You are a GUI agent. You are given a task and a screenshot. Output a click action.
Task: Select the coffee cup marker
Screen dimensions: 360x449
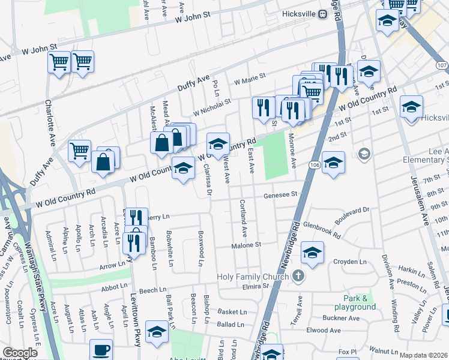click(101, 350)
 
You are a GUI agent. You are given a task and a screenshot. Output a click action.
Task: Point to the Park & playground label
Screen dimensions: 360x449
click(360, 302)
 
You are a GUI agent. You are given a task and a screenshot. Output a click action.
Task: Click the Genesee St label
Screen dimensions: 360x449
click(282, 194)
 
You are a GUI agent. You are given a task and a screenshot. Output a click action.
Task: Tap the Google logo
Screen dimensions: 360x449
click(20, 353)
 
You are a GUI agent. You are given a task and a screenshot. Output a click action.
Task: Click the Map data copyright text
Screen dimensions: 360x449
click(423, 355)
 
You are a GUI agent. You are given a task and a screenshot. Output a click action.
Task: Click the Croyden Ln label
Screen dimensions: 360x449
click(350, 262)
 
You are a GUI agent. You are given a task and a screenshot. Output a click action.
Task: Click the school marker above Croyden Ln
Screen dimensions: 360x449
click(312, 253)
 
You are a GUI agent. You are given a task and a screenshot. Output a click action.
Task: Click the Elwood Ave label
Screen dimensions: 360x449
click(324, 330)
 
